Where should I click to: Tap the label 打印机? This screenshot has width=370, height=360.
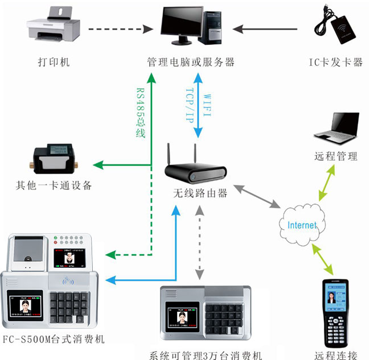54,61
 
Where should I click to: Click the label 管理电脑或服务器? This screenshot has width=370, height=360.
191,61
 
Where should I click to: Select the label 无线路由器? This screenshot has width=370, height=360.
200,193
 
